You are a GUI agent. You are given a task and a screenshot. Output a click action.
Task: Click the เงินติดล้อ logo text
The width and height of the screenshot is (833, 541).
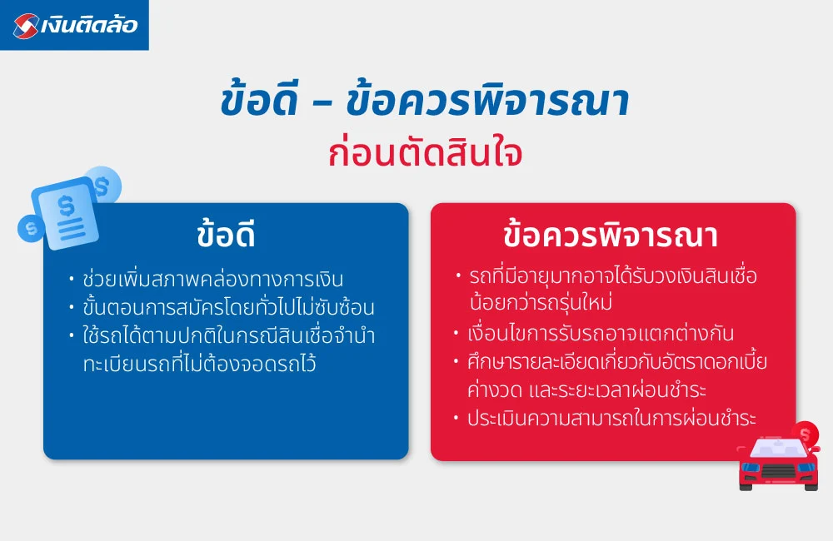(x=89, y=26)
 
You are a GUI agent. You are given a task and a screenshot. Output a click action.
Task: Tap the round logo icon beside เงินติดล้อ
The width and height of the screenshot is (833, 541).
(x=25, y=26)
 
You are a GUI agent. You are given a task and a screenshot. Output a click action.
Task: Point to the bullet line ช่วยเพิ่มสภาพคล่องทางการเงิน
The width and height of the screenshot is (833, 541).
(x=213, y=279)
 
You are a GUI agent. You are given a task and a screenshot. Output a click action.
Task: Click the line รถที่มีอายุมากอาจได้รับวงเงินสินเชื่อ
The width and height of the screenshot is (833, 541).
(x=612, y=276)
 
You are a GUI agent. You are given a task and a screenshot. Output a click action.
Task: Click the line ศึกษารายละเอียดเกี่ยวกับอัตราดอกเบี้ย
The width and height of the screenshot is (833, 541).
(x=617, y=363)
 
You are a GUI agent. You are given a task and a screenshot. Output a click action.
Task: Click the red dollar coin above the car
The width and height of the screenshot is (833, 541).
(x=805, y=433)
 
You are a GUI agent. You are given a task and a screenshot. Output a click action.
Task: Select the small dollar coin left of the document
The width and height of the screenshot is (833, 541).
(x=32, y=226)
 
